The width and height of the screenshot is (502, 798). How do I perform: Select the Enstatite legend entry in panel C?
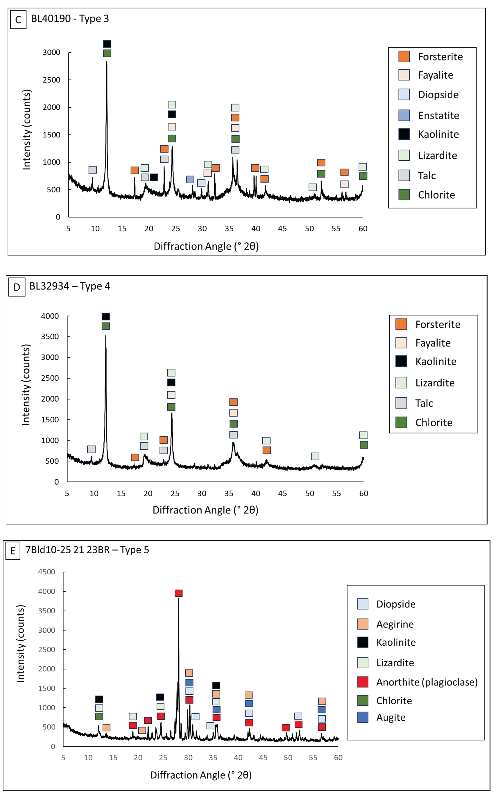pyautogui.click(x=429, y=115)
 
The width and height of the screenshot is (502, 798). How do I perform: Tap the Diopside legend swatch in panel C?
pyautogui.click(x=404, y=94)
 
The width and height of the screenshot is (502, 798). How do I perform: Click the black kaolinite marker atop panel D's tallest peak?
pyautogui.click(x=106, y=316)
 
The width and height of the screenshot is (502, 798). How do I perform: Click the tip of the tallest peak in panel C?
pyautogui.click(x=107, y=62)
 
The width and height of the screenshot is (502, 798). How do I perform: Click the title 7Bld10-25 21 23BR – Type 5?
pyautogui.click(x=87, y=550)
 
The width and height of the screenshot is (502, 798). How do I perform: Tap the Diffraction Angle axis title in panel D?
pyautogui.click(x=205, y=510)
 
